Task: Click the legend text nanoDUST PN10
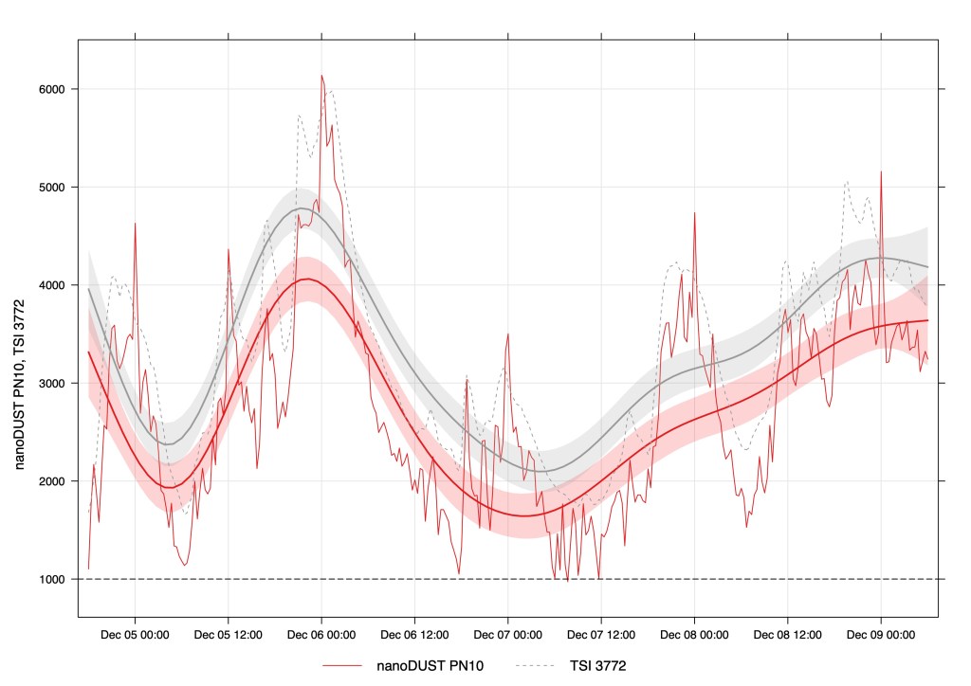[430, 666]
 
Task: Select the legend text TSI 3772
[597, 666]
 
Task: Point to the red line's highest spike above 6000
[321, 76]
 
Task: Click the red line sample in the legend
[342, 666]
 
